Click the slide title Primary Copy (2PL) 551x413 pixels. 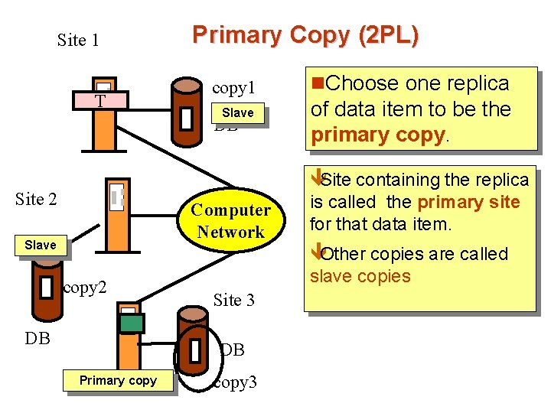point(305,35)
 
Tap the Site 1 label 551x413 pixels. point(78,40)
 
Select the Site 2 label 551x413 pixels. point(36,200)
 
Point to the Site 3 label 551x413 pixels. point(233,300)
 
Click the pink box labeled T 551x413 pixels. point(99,101)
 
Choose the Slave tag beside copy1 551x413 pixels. point(237,113)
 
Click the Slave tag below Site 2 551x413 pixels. point(40,245)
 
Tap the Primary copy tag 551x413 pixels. point(118,380)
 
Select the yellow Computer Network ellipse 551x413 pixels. point(230,220)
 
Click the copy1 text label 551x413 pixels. point(233,88)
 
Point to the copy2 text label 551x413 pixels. point(84,288)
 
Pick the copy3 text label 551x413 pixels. point(235,382)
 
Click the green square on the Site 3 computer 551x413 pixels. point(132,324)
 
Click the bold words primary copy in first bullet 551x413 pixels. point(377,135)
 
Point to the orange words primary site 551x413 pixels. point(468,202)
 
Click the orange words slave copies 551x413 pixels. point(360,275)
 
